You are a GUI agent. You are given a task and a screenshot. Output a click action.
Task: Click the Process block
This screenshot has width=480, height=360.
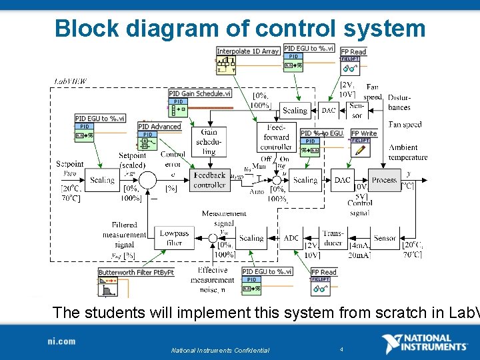click(384, 180)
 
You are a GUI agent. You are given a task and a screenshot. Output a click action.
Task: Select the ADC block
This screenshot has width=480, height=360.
click(291, 238)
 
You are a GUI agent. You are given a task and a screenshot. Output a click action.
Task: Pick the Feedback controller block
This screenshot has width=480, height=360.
click(209, 180)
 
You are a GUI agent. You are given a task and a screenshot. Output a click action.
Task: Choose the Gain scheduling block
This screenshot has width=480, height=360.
click(209, 142)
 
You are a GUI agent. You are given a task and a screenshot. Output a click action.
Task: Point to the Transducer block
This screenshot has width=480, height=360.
click(333, 238)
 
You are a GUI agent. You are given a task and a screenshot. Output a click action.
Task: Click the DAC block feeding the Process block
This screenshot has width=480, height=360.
click(342, 180)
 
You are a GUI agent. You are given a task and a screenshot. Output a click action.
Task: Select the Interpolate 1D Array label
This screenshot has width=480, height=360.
click(248, 51)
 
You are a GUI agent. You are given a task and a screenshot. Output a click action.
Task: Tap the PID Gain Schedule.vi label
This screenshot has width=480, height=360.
click(201, 94)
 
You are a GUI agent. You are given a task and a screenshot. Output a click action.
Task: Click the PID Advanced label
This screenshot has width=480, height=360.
click(159, 127)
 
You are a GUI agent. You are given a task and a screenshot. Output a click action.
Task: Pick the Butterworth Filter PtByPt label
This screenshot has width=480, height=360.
click(136, 273)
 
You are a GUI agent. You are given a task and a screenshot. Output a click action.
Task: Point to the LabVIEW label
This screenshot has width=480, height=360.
click(71, 81)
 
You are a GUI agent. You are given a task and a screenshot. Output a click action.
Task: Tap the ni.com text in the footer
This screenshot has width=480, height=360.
click(61, 341)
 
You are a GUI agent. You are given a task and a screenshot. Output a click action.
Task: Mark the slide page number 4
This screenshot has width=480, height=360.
click(341, 349)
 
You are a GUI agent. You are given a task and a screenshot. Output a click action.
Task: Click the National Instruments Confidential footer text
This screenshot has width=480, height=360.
click(220, 350)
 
